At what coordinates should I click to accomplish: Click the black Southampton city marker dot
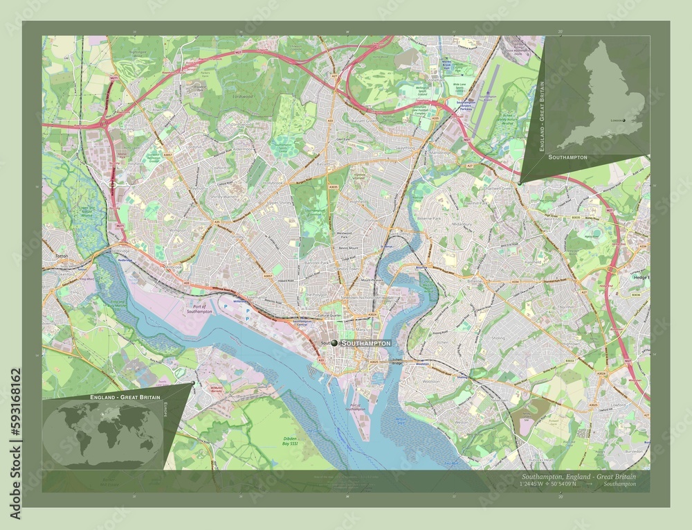[335, 343]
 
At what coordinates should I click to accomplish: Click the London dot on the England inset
[623, 119]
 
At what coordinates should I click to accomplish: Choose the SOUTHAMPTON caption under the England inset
[567, 158]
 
